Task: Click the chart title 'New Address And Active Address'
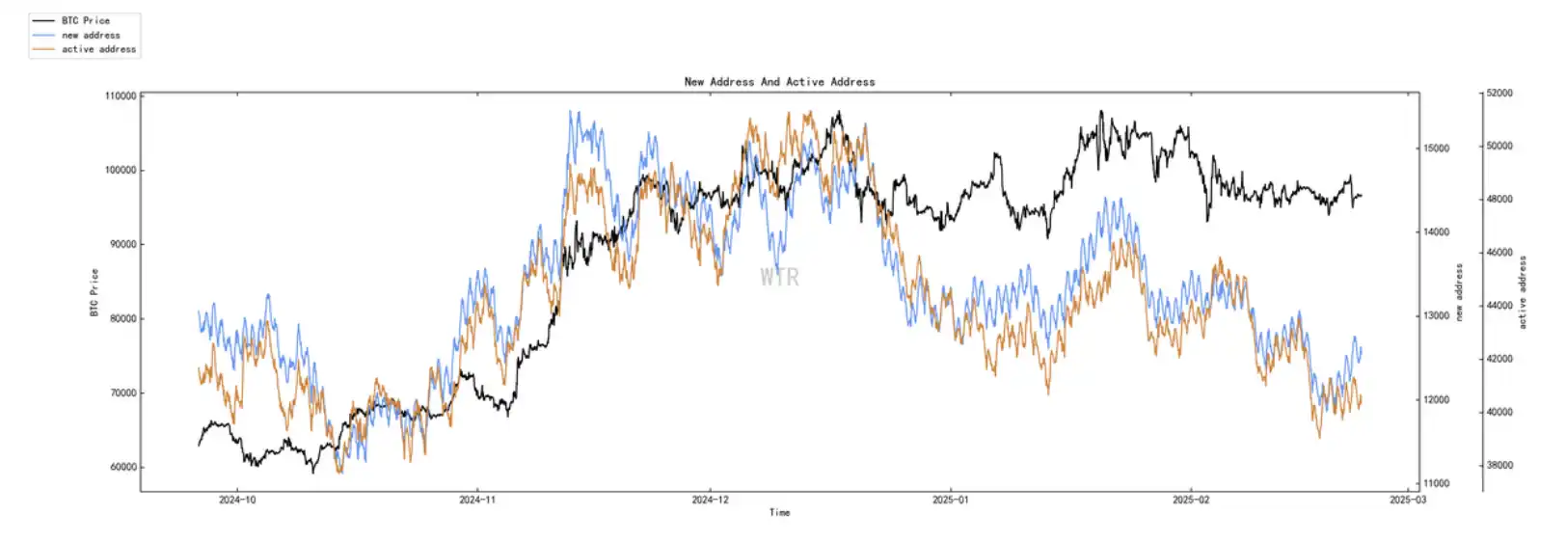[x=779, y=82]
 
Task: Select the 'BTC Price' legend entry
[x=85, y=20]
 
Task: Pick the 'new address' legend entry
[x=91, y=35]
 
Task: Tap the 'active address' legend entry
[x=98, y=49]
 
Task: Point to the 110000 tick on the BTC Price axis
[x=121, y=96]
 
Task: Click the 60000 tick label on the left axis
[x=122, y=468]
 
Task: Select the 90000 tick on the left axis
[x=122, y=245]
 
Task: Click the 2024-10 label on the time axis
[x=237, y=500]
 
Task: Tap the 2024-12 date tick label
[x=711, y=500]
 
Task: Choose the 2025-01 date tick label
[x=951, y=500]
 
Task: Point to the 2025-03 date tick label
[x=1408, y=500]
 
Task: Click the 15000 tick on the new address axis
[x=1437, y=149]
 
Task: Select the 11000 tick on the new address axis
[x=1437, y=484]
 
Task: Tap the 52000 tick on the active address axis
[x=1499, y=94]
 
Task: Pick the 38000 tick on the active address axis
[x=1499, y=465]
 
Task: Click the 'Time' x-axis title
[x=779, y=513]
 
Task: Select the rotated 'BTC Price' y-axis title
[x=94, y=292]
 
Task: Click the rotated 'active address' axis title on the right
[x=1524, y=292]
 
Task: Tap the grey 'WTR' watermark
[x=779, y=278]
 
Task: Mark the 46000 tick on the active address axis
[x=1499, y=253]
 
